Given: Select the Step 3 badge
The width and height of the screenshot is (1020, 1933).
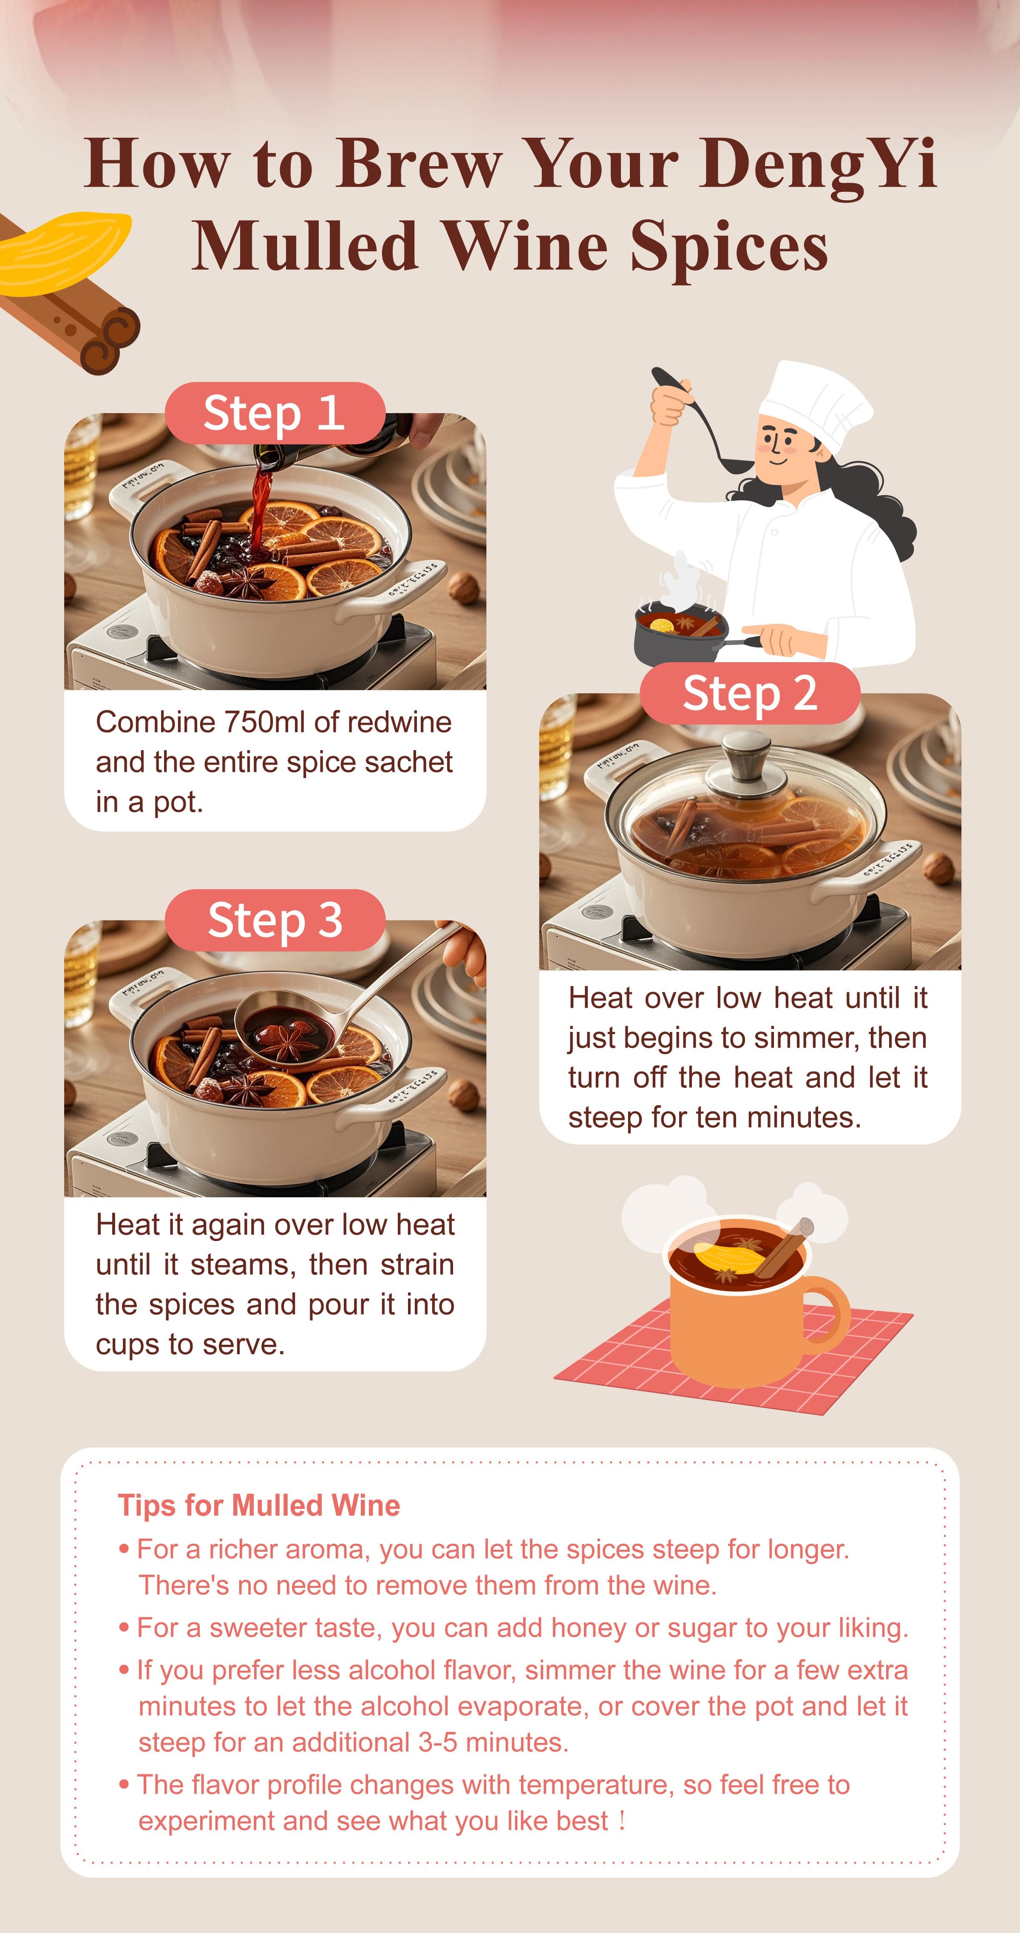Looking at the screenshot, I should point(275,920).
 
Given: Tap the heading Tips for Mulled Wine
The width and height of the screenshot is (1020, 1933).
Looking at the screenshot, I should point(259,1505).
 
